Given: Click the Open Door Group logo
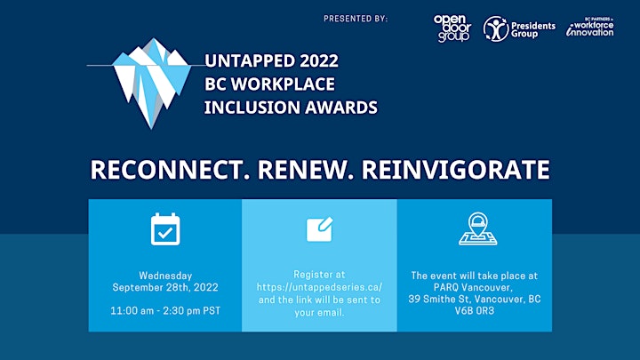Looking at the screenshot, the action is (452, 28).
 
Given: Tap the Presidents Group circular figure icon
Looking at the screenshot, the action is (495, 29).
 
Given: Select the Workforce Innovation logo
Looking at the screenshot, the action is (590, 27).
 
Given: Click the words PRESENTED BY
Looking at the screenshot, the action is (356, 19).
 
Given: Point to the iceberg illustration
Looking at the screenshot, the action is (152, 83).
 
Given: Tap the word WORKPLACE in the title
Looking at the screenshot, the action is (283, 84).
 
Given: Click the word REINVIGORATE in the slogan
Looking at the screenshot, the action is (456, 170).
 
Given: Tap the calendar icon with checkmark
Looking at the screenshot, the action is (165, 229).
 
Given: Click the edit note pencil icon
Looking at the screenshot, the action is (320, 229).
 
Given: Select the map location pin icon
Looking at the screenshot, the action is (477, 228).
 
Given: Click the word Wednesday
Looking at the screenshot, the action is (165, 276).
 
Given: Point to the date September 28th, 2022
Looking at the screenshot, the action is (165, 287).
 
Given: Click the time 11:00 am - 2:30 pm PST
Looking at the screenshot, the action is (165, 310).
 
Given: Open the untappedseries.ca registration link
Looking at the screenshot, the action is (320, 287).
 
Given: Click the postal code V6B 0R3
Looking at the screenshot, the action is (475, 310).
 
